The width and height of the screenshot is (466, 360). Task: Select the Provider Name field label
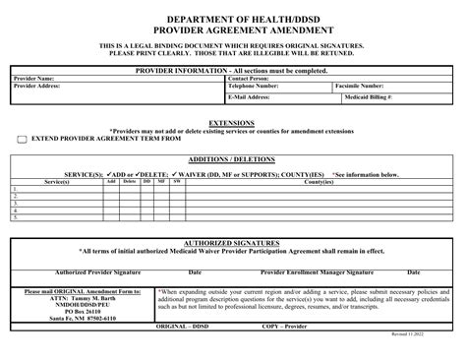[x=34, y=78]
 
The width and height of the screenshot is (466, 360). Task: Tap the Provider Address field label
[x=38, y=86]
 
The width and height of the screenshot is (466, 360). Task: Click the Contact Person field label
[x=255, y=78]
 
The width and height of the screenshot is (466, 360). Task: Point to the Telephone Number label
[x=261, y=86]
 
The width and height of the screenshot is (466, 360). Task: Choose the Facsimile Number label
[x=365, y=86]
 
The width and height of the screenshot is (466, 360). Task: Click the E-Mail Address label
[x=250, y=97]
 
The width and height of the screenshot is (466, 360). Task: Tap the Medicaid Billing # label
[x=368, y=97]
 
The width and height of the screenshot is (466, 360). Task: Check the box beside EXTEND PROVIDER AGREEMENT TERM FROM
[x=22, y=140]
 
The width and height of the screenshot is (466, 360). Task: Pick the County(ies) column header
[x=320, y=181]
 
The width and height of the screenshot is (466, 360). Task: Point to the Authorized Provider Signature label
[x=98, y=271]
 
